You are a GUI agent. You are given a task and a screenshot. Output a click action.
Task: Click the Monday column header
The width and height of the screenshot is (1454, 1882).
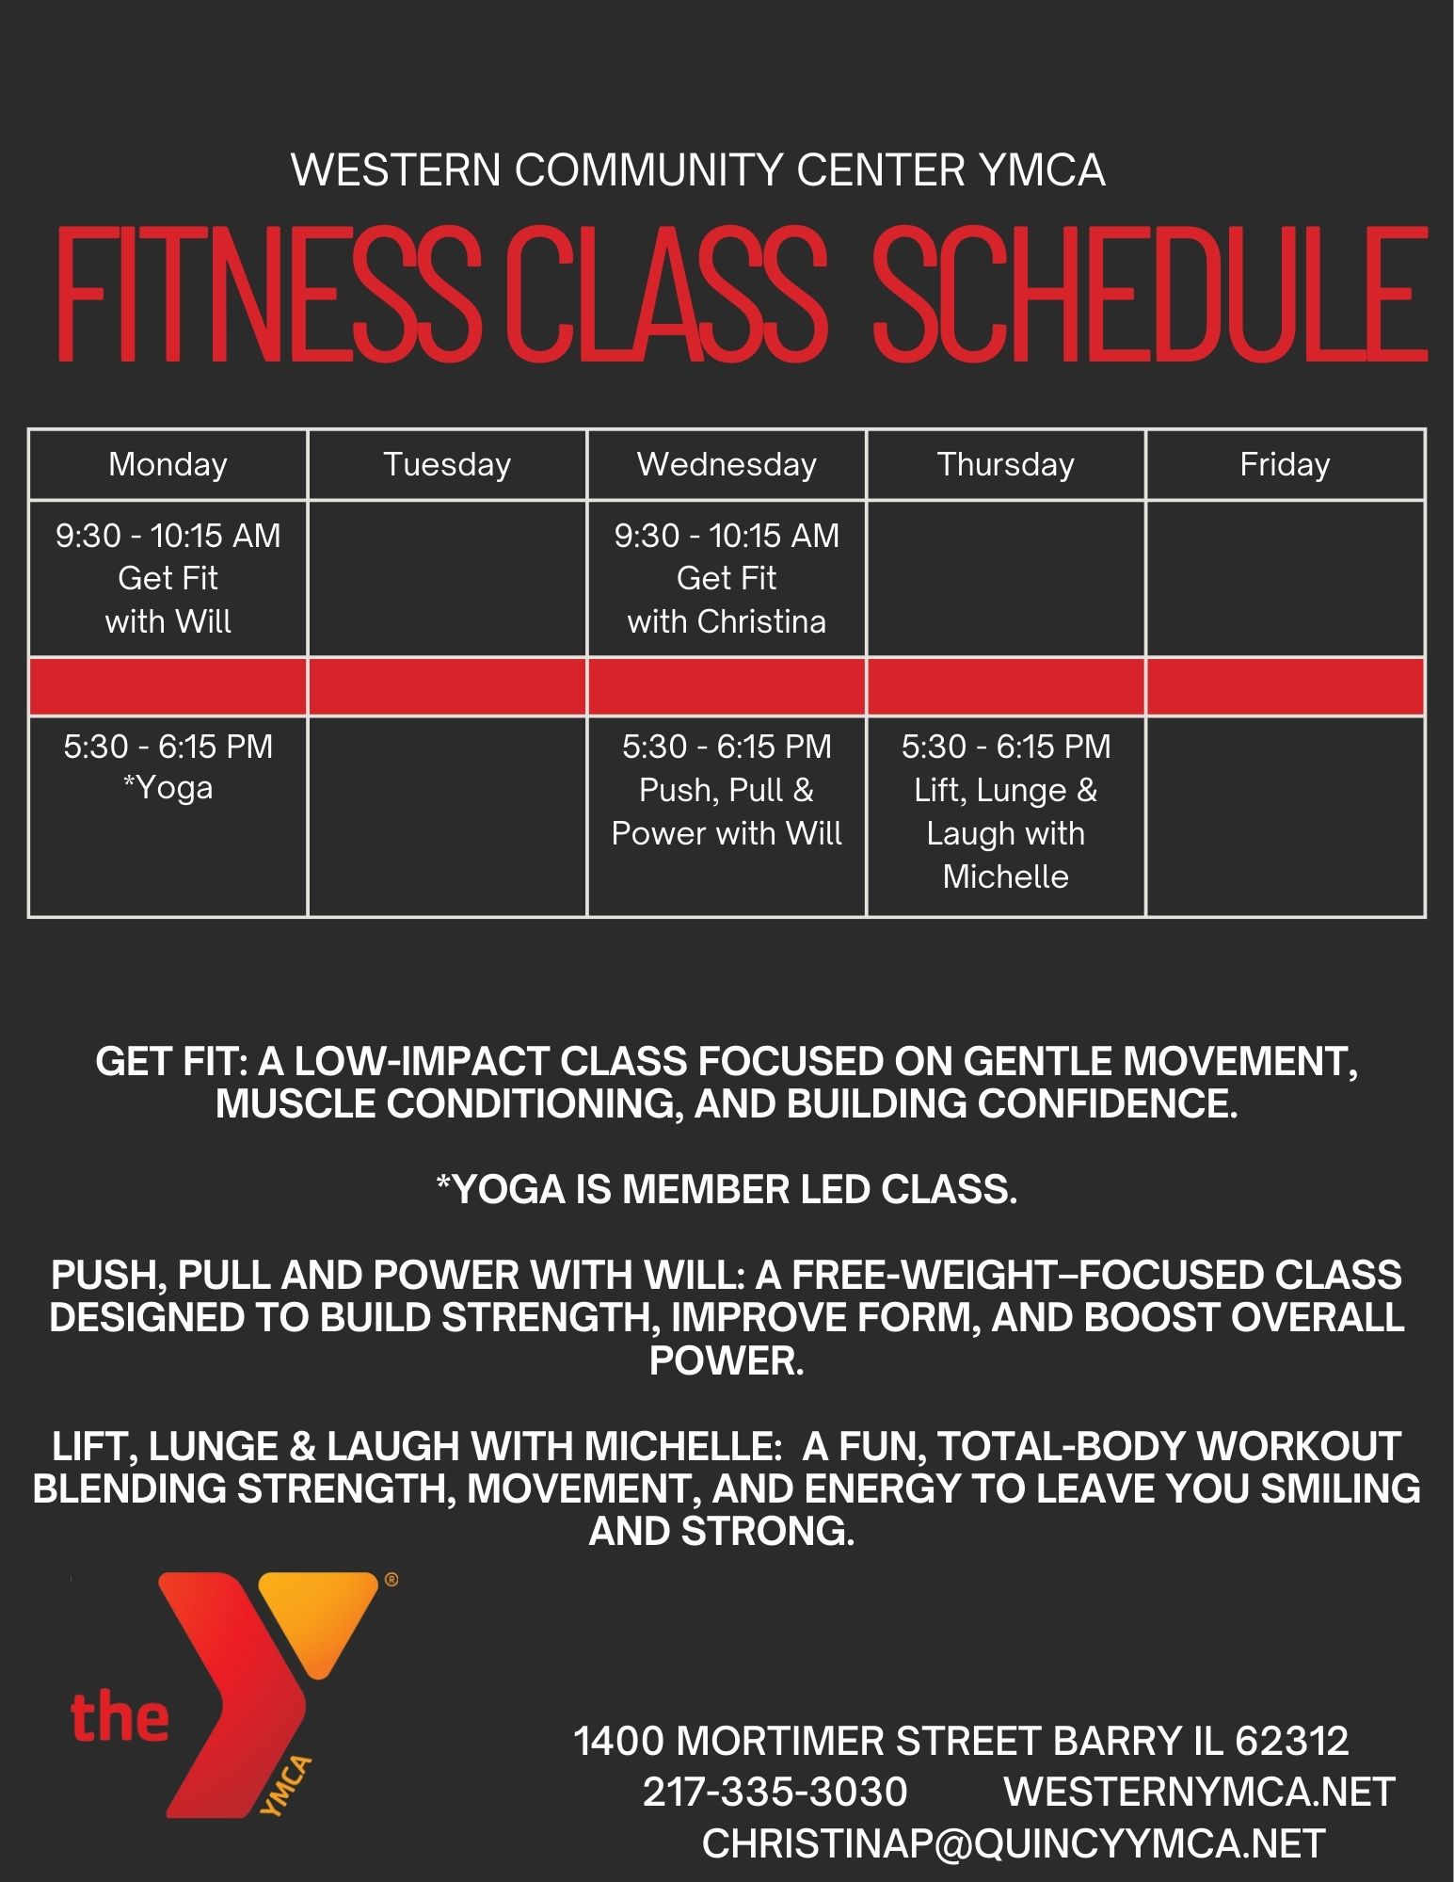click(x=168, y=464)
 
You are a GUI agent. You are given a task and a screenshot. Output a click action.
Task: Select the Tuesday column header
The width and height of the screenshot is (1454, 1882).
click(x=447, y=464)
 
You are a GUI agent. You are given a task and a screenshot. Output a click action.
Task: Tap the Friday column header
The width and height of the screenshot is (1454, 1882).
click(x=1285, y=464)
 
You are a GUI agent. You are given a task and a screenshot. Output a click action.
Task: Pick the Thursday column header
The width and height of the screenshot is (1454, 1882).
click(x=1005, y=464)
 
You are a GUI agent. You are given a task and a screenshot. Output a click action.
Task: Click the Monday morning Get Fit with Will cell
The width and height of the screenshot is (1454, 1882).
click(x=168, y=578)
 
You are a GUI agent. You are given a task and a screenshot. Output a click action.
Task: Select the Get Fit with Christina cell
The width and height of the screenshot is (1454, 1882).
click(x=727, y=578)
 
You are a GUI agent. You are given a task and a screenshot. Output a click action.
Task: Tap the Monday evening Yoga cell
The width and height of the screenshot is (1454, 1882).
click(x=168, y=815)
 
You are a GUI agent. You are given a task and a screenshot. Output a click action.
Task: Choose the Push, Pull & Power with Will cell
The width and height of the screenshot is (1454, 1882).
click(x=727, y=815)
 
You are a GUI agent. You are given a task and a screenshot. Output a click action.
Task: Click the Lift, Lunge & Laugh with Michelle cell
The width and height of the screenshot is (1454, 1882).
click(x=1005, y=815)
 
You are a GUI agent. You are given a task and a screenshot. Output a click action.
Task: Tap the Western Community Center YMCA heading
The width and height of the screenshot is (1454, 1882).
click(x=698, y=170)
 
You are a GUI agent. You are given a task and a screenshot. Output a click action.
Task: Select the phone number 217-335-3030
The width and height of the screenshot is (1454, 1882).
click(x=775, y=1792)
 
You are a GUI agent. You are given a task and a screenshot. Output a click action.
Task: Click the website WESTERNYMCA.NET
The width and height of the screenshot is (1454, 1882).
click(x=1200, y=1792)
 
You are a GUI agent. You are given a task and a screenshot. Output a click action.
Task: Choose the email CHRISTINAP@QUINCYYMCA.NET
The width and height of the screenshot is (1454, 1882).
click(x=1014, y=1842)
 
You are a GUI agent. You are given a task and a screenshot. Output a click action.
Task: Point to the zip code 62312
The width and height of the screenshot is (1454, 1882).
click(x=1291, y=1741)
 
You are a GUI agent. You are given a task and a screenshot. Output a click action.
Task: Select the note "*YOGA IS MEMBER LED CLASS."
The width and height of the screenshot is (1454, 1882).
click(x=727, y=1190)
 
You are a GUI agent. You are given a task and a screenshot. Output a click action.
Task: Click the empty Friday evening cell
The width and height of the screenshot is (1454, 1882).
click(x=1285, y=815)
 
